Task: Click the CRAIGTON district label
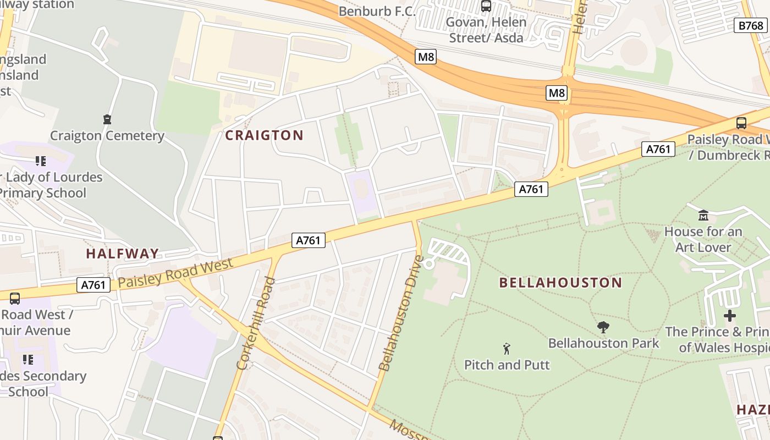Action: tap(264, 135)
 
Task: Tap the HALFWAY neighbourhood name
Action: tap(122, 254)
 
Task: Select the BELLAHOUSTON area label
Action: tap(560, 283)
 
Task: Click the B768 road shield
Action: tap(751, 25)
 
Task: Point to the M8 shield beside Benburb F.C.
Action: tap(426, 57)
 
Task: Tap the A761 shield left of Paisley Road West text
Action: tap(93, 285)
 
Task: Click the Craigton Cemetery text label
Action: tap(107, 136)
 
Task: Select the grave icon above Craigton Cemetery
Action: tap(107, 119)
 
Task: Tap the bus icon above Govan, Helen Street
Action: tap(486, 6)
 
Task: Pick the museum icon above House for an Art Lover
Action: tap(703, 215)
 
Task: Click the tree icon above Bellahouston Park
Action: tap(603, 327)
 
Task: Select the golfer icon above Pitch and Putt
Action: tap(507, 348)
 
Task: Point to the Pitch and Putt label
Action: tap(507, 365)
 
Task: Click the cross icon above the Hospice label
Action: tap(729, 316)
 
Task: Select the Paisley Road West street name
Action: tap(175, 272)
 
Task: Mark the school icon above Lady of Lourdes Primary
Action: tap(40, 161)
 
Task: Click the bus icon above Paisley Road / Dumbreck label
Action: tap(741, 123)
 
